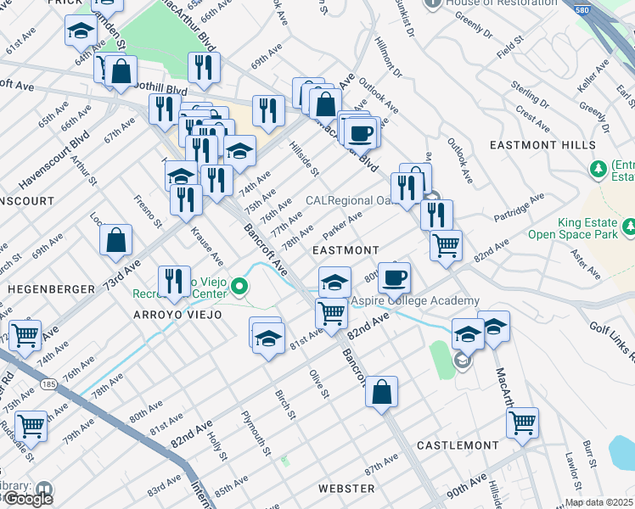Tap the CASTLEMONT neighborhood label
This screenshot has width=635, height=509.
[x=458, y=445]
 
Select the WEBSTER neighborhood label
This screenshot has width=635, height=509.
[x=346, y=489]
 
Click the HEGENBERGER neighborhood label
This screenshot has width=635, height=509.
[x=52, y=289]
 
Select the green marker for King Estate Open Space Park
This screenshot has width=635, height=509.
[x=629, y=227]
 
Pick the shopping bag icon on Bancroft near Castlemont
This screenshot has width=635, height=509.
[x=382, y=392]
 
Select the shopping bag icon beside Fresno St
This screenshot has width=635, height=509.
[x=115, y=240]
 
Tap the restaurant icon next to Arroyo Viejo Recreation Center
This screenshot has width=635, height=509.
[x=174, y=281]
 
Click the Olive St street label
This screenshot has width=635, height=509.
[x=318, y=383]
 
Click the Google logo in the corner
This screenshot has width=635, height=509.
[x=27, y=499]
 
